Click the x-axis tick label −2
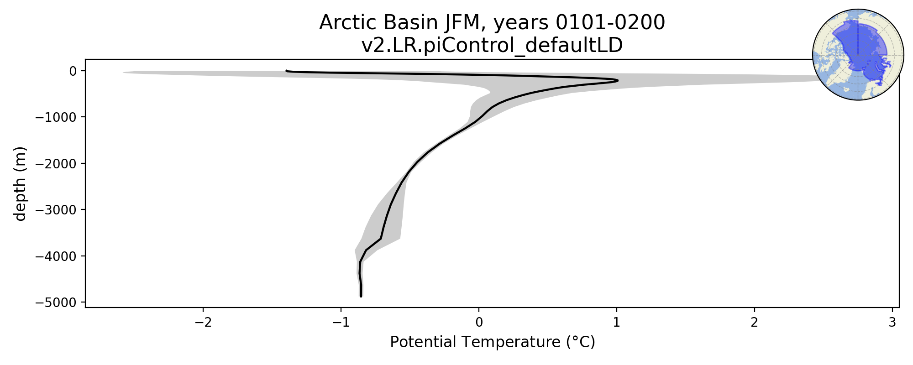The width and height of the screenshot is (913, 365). (203, 323)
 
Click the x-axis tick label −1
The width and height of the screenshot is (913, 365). (341, 323)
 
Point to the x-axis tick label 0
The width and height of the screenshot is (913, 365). (479, 323)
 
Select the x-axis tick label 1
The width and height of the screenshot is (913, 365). (617, 323)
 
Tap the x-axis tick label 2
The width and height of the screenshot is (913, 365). (755, 323)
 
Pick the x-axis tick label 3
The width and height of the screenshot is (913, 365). (892, 323)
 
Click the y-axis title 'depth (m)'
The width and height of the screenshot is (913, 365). (21, 183)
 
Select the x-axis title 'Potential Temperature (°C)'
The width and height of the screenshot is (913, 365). (493, 342)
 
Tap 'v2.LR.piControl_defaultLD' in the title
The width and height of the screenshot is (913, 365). (492, 45)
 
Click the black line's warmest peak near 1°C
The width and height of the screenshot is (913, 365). (618, 81)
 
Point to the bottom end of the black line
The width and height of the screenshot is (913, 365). (361, 297)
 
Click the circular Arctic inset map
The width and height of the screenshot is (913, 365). (858, 55)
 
